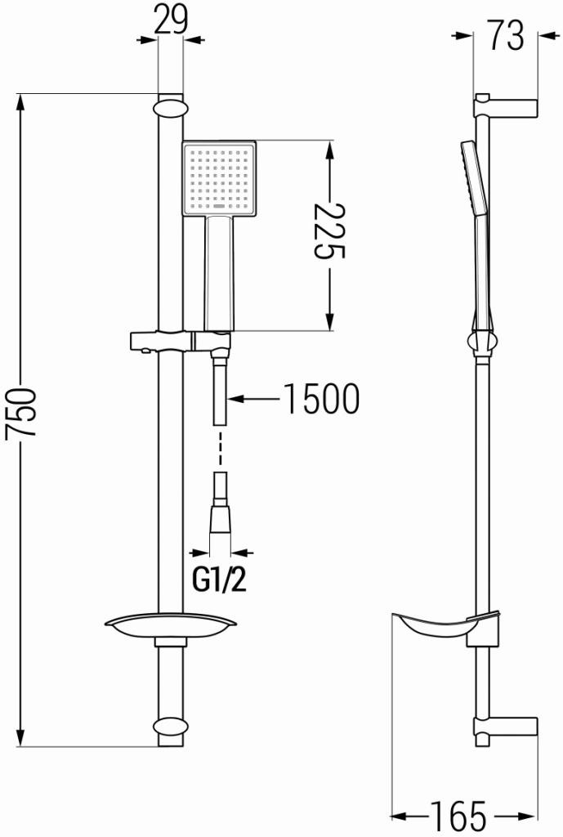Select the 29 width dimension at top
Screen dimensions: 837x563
[171, 20]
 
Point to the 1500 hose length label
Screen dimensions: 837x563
[321, 400]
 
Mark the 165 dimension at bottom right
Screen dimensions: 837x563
[463, 815]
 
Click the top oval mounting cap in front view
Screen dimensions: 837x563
[170, 109]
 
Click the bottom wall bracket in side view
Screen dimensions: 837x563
[507, 726]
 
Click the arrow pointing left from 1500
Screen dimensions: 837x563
[253, 400]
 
